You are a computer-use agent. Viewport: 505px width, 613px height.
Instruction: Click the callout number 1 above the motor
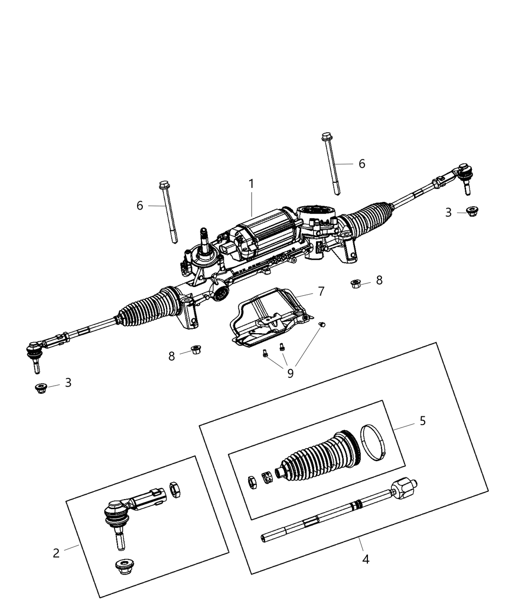[251, 184]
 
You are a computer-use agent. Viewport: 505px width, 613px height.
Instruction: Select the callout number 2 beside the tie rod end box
[56, 553]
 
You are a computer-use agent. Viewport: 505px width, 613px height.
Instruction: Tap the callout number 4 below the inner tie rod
[366, 559]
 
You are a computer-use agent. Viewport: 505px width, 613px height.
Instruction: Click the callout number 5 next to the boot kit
[422, 421]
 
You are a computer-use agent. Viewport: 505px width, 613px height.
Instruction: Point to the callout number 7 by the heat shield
[321, 291]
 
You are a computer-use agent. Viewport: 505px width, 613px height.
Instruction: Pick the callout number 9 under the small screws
[290, 373]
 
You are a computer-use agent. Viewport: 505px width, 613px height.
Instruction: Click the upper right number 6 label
[362, 163]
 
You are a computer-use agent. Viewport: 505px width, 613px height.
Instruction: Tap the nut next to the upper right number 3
[472, 212]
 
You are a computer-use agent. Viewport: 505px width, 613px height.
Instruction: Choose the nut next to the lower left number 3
[41, 388]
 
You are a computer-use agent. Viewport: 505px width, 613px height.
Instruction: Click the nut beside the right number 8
[356, 284]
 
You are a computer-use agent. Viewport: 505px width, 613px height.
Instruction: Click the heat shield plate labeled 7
[269, 317]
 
